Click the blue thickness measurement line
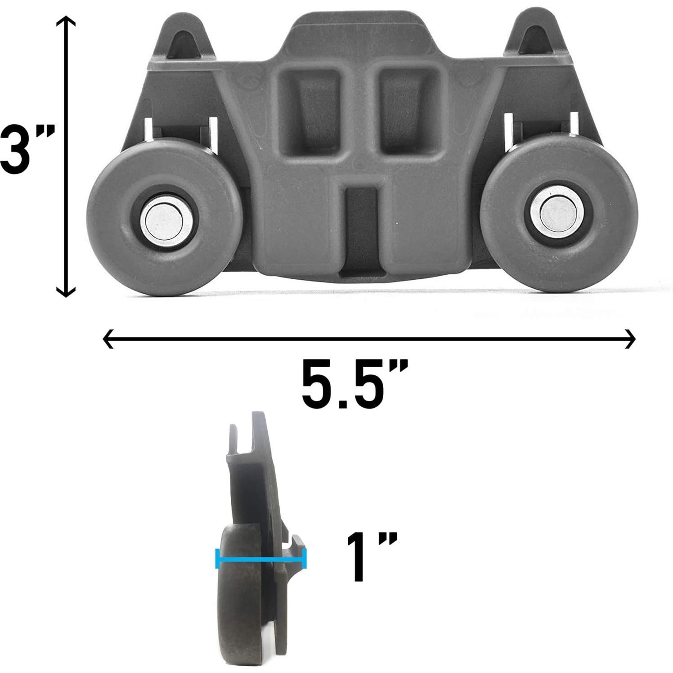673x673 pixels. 261,560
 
